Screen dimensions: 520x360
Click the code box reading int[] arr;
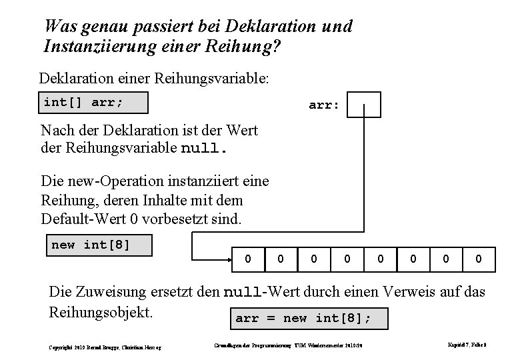click(93, 103)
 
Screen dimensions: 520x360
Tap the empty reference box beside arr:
click(364, 105)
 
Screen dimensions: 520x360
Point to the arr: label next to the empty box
click(324, 105)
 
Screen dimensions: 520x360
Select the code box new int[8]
click(98, 245)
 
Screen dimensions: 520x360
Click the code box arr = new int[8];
click(309, 318)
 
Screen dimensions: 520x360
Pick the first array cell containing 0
click(249, 257)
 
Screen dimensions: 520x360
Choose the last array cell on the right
click(479, 257)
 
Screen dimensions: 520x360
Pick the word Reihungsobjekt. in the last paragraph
click(102, 312)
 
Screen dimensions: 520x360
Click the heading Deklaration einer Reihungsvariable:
click(154, 79)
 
